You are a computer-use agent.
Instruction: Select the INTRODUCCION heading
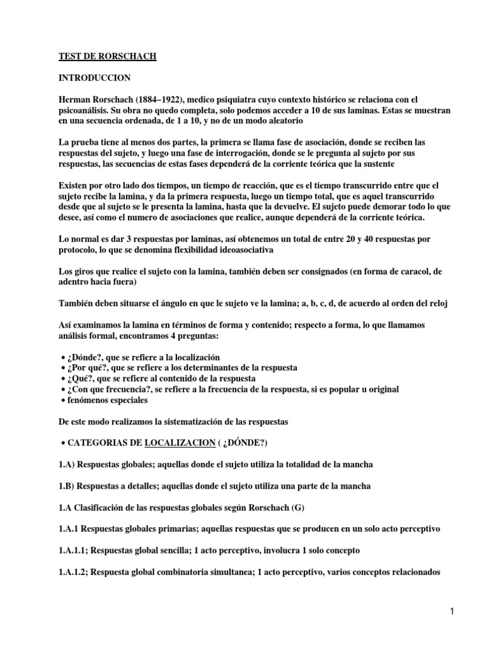[95, 78]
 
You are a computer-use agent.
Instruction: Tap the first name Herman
[74, 100]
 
